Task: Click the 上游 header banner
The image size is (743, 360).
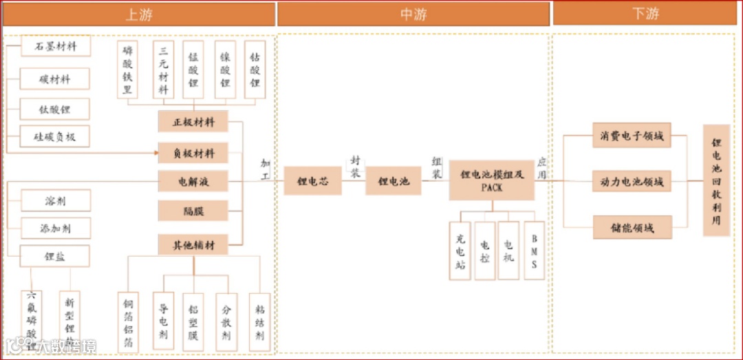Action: point(138,14)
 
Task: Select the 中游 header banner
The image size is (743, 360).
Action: point(413,14)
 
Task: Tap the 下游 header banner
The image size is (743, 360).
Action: point(645,14)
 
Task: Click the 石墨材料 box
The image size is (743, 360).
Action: point(55,47)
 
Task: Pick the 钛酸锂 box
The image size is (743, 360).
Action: point(55,108)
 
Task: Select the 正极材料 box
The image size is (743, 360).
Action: point(193,122)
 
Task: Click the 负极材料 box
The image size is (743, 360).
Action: point(193,152)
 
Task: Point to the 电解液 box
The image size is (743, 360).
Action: point(193,182)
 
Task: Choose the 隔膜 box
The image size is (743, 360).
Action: point(193,211)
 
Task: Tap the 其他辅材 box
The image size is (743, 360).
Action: point(193,244)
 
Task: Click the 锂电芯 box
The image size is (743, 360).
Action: point(312,181)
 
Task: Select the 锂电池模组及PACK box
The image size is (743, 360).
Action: point(491,180)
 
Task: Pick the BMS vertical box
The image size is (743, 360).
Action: point(534,251)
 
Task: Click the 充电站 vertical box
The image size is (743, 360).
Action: point(460,251)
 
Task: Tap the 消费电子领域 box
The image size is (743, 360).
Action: point(632,136)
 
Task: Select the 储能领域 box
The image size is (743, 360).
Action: point(632,227)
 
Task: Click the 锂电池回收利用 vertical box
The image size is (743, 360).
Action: point(716,180)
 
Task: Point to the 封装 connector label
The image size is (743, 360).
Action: point(355,167)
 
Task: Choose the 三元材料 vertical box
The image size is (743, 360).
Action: point(163,70)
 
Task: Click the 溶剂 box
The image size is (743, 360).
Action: point(55,201)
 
